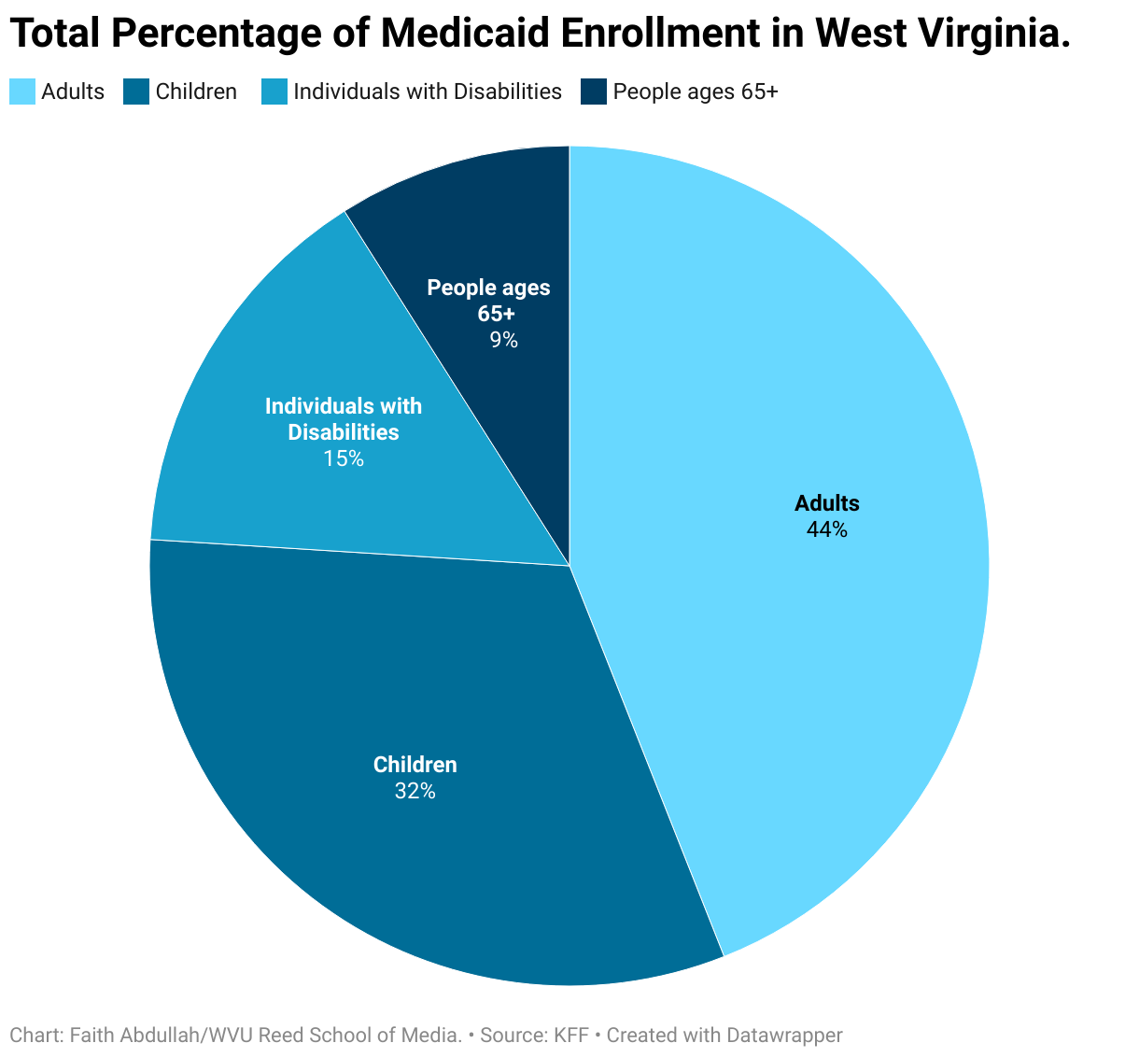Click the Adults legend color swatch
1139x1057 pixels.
[x=22, y=92]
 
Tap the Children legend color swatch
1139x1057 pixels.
[x=136, y=92]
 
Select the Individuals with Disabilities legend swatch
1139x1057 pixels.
[x=274, y=92]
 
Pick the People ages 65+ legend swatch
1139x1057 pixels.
[x=593, y=92]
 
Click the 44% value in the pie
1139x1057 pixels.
[x=827, y=529]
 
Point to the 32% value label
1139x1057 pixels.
[x=415, y=791]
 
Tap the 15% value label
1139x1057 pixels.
[x=344, y=458]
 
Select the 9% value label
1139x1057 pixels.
[x=504, y=339]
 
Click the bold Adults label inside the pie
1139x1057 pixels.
[x=827, y=503]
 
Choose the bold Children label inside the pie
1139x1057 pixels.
[x=415, y=765]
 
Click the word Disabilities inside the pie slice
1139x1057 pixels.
[x=344, y=432]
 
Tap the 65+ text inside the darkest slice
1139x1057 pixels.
[x=497, y=314]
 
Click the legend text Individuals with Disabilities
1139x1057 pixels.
[x=428, y=92]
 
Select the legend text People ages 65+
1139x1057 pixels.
[x=696, y=92]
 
